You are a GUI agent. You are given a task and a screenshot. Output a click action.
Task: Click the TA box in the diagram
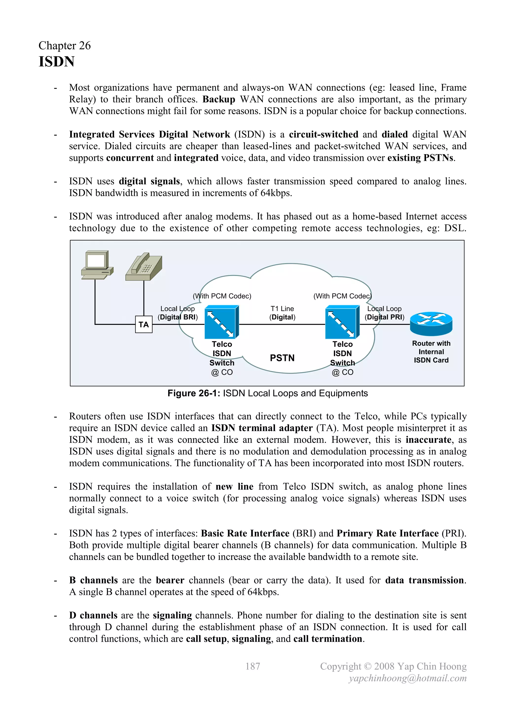(144, 324)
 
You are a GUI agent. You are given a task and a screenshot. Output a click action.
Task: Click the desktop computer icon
(97, 265)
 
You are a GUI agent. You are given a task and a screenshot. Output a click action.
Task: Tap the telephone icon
(144, 267)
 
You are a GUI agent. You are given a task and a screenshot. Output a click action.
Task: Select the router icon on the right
(431, 324)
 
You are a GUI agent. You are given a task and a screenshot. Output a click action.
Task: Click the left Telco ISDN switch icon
(221, 322)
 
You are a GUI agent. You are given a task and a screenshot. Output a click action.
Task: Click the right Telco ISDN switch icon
(342, 322)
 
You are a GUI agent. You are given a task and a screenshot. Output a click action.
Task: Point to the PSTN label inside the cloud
(282, 358)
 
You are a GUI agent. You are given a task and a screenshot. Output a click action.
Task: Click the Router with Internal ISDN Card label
(431, 352)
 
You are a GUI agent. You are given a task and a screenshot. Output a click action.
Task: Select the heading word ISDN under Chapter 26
(57, 62)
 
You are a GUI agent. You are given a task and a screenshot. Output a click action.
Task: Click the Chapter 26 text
(65, 45)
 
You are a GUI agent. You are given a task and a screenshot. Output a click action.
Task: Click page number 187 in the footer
(252, 666)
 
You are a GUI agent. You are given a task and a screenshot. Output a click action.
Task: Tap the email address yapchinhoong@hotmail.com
(408, 678)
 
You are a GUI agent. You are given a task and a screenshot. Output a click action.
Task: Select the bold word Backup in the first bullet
(219, 99)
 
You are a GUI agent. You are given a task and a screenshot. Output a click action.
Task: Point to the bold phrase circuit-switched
(324, 134)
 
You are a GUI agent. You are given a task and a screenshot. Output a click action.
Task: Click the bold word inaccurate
(428, 440)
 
